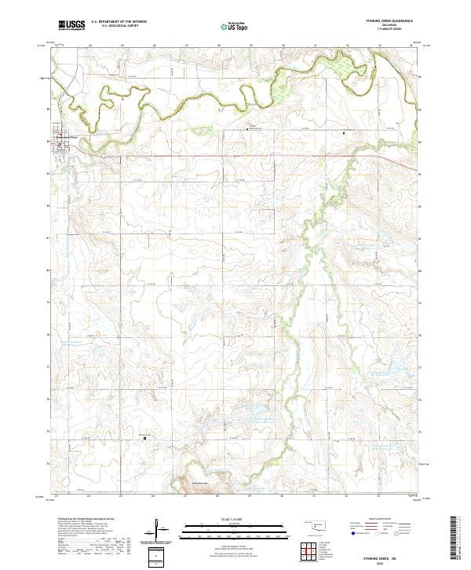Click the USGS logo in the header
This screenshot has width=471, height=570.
point(71,26)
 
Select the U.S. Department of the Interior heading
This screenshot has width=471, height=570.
point(119,22)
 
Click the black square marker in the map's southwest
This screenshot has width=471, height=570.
point(144,438)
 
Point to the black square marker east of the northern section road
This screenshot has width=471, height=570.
point(344,134)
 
